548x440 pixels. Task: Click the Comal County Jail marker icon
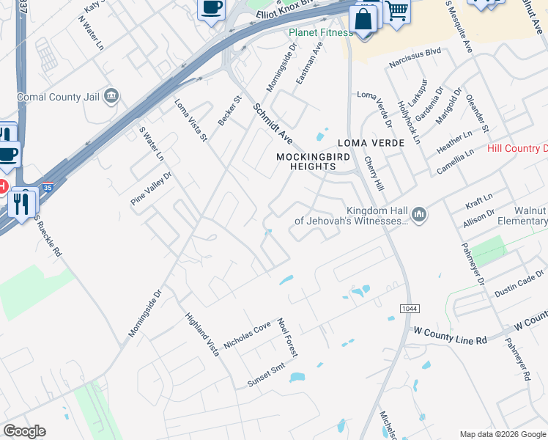tap(111, 95)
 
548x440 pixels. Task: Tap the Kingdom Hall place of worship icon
tap(418, 214)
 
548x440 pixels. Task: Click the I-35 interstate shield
tap(48, 188)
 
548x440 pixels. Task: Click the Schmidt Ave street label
tap(273, 124)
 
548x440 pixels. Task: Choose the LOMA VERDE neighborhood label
tap(371, 143)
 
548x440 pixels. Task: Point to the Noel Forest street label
tap(286, 337)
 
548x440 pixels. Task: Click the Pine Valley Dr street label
tap(150, 188)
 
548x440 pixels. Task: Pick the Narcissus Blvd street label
tap(415, 51)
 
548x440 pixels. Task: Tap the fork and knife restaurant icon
tap(23, 203)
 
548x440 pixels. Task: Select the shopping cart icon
tap(396, 11)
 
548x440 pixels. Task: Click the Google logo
tap(24, 431)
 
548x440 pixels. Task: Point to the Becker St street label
tap(229, 110)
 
